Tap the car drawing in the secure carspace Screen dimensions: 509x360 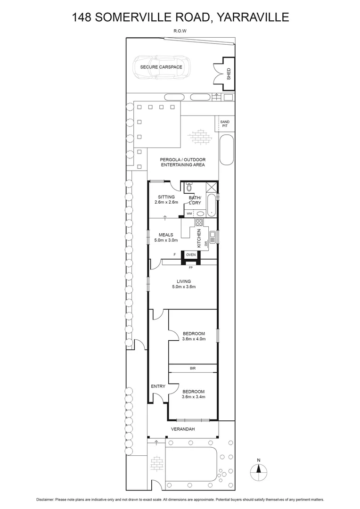point(161,67)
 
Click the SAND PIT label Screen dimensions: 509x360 point(224,124)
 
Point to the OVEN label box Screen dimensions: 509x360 point(191,254)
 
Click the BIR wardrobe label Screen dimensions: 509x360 point(193,368)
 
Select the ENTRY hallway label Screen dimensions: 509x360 point(158,386)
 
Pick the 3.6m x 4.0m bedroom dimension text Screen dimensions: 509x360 point(194,338)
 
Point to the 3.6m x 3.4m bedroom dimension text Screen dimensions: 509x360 point(194,397)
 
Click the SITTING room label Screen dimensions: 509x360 point(166,197)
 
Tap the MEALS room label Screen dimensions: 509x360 point(166,235)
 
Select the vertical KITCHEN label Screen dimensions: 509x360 point(199,238)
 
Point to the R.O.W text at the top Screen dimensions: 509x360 point(180,32)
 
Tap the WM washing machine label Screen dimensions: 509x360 point(189,213)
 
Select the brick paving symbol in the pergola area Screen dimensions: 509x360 point(200,137)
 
